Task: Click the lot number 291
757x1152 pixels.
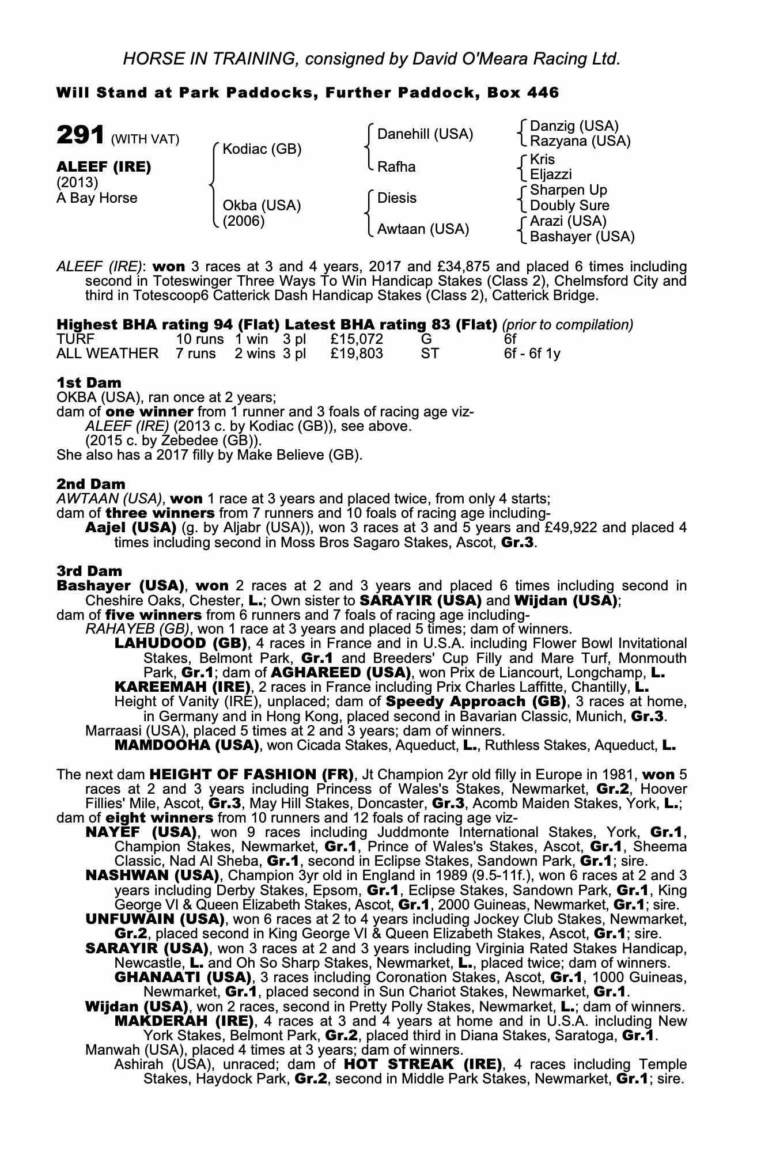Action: point(80,136)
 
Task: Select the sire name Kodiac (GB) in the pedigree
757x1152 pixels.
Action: point(262,149)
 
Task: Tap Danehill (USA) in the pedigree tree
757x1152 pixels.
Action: point(425,134)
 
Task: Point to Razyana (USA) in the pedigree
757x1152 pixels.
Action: point(580,141)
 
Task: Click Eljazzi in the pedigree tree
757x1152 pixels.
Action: point(551,175)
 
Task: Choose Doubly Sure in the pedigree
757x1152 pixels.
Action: point(569,206)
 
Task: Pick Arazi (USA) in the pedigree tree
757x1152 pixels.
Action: point(568,221)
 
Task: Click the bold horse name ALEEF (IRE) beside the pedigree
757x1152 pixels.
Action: point(104,167)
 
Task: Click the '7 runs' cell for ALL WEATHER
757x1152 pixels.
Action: point(196,353)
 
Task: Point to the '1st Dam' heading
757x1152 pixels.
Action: point(89,382)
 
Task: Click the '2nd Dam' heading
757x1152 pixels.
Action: point(90,484)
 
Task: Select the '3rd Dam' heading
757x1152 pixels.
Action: point(89,571)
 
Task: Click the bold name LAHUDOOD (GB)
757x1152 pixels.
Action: point(181,643)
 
